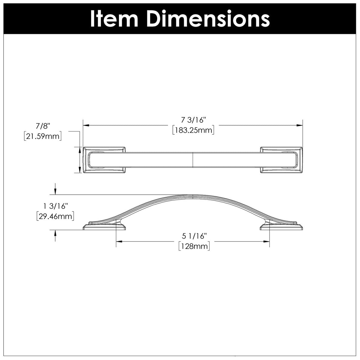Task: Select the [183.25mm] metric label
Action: (193, 131)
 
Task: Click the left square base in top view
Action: (104, 160)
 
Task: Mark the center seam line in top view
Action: (192, 160)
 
